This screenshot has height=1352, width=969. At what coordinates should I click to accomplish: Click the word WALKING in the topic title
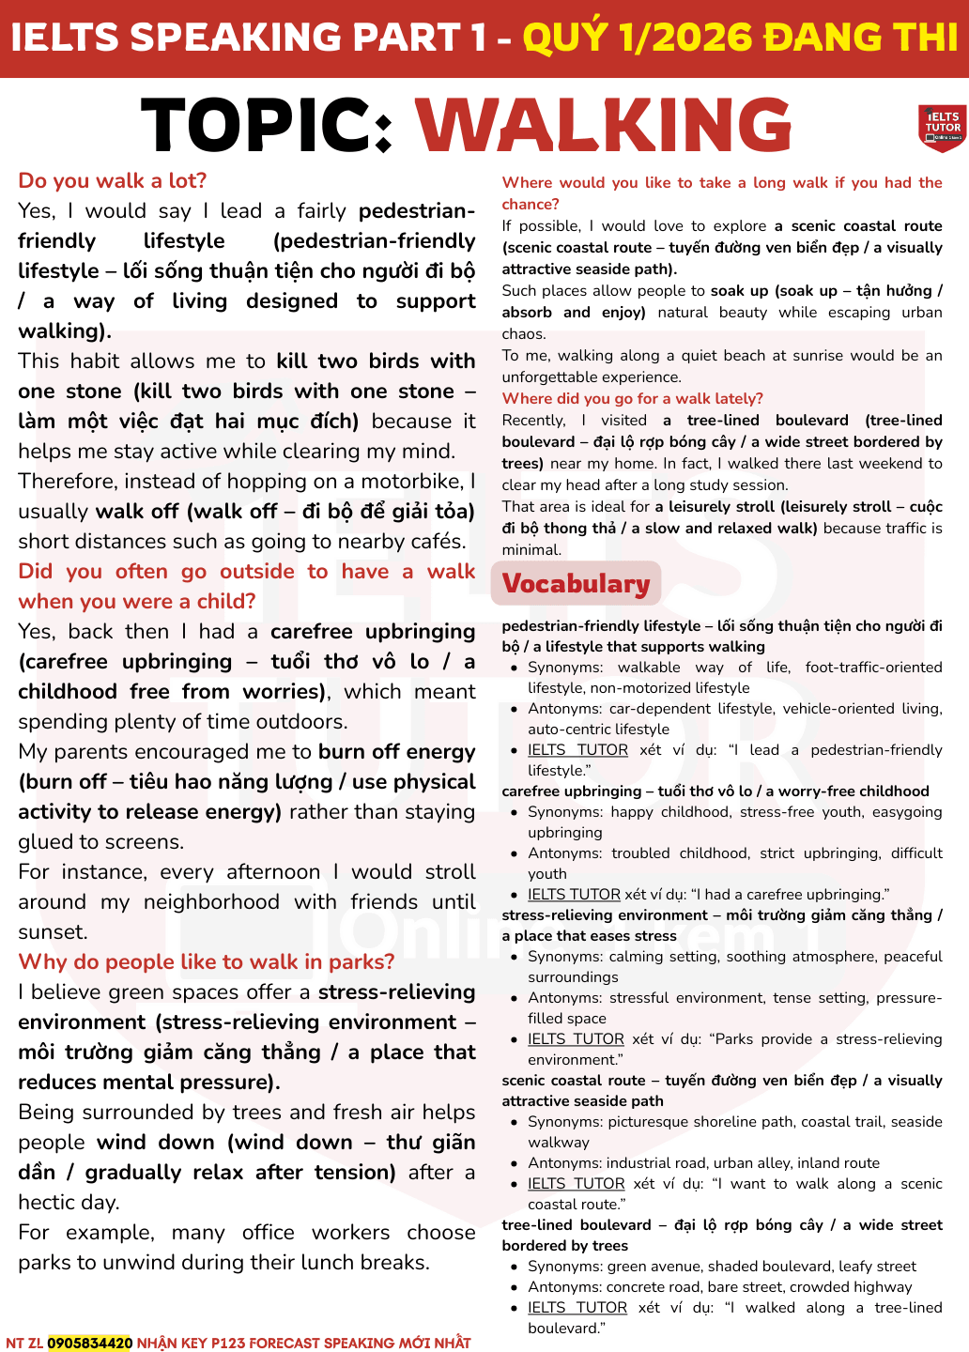(x=604, y=126)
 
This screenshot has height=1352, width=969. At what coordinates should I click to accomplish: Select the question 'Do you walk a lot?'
(x=112, y=180)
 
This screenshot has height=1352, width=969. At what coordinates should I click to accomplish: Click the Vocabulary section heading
(x=576, y=584)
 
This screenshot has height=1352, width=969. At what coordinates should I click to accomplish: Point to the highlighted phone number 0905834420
(x=90, y=1343)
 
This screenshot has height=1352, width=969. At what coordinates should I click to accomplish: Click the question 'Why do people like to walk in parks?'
(x=206, y=961)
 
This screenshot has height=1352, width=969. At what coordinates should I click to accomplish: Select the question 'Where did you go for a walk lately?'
(x=632, y=398)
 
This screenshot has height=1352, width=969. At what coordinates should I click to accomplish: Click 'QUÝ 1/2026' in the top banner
(x=636, y=38)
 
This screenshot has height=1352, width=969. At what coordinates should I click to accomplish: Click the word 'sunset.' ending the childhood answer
(x=53, y=931)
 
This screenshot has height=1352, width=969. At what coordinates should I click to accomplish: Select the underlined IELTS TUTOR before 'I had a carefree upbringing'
(x=574, y=894)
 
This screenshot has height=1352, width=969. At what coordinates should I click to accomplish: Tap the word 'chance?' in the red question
(x=531, y=204)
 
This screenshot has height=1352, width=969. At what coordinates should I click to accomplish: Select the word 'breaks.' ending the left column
(x=393, y=1262)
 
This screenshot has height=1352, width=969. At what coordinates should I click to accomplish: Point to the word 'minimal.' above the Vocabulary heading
(x=531, y=549)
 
